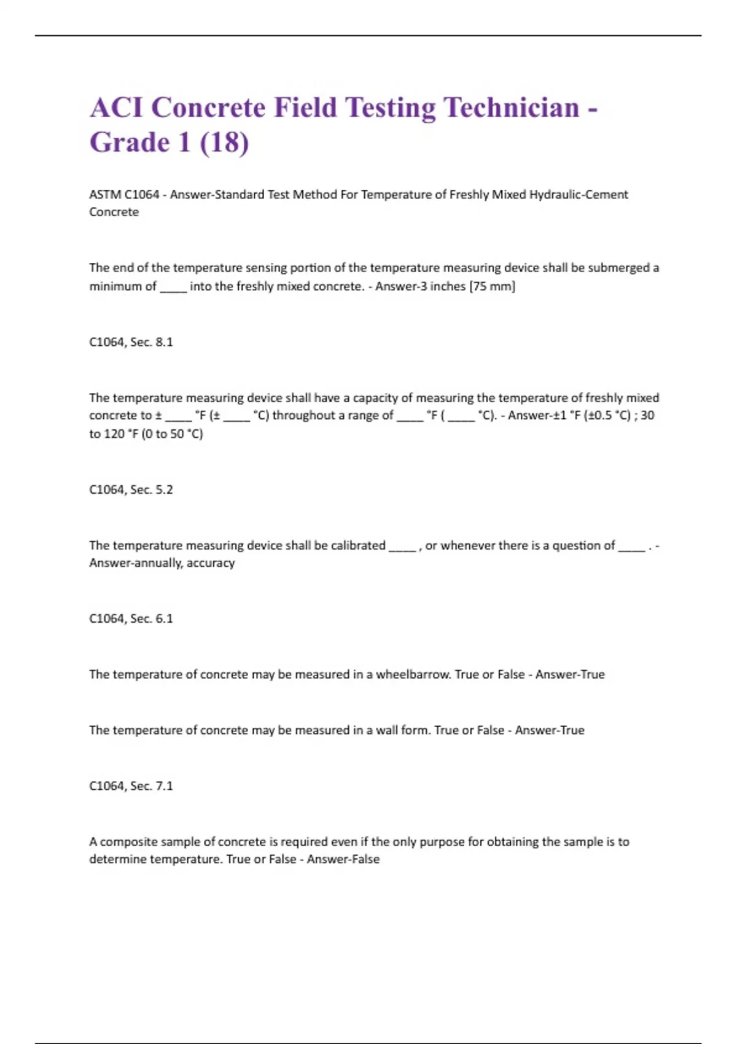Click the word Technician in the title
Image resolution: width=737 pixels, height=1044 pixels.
(x=512, y=108)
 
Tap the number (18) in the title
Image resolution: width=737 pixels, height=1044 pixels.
(x=224, y=143)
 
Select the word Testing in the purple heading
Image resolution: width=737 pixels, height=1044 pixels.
(x=391, y=108)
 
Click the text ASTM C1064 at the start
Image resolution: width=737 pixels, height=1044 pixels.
(x=124, y=195)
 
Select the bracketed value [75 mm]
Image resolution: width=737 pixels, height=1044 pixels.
(x=493, y=286)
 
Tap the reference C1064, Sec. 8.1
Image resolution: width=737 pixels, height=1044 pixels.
(x=131, y=342)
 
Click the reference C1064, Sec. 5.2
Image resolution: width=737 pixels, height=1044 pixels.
(x=131, y=489)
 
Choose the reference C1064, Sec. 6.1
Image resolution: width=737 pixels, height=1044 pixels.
(x=131, y=618)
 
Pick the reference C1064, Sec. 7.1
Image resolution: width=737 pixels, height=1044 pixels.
(x=131, y=786)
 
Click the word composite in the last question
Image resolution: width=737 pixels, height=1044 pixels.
(x=128, y=842)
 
